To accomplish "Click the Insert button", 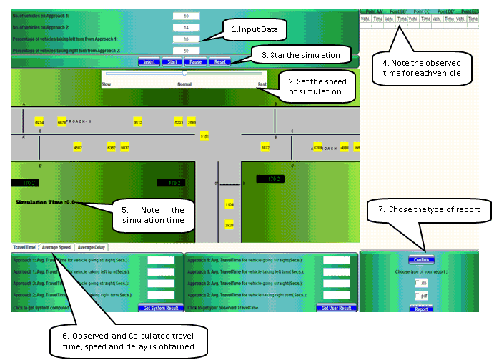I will tap(149, 62).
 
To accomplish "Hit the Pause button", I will tap(194, 62).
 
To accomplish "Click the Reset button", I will tap(219, 62).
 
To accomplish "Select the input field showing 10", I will tap(186, 15).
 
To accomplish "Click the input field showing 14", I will tap(186, 27).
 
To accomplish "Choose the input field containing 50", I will tap(186, 51).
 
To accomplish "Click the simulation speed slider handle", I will tap(184, 73).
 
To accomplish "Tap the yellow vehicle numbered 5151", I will tap(204, 135).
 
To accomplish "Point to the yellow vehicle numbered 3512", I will tap(138, 123).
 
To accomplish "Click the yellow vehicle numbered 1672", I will tap(265, 147).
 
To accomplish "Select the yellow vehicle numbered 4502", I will tap(78, 147).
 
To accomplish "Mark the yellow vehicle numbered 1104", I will tap(229, 204).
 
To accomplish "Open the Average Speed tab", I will tap(55, 247).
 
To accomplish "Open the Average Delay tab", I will tap(90, 247).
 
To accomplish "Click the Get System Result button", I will tap(159, 308).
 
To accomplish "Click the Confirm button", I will tap(421, 260).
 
